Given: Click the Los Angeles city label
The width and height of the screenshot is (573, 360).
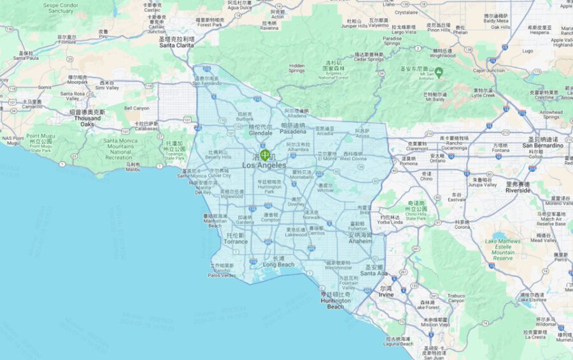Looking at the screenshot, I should (x=264, y=166).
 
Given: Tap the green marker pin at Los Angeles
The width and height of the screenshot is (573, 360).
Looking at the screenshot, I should (x=265, y=155).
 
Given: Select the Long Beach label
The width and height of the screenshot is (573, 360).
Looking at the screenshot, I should (x=278, y=264).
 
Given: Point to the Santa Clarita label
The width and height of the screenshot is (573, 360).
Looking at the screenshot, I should (x=176, y=45).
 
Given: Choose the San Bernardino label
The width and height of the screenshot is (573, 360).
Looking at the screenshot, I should (x=542, y=145).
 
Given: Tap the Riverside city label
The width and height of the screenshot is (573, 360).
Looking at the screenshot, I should (x=518, y=190).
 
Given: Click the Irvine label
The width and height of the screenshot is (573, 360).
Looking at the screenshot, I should (x=386, y=295).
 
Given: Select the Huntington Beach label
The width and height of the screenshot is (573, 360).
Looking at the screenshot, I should (x=336, y=303).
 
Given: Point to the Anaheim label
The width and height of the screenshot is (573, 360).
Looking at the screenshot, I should (x=360, y=241).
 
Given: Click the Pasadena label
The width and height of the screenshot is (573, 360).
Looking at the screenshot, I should (x=293, y=132).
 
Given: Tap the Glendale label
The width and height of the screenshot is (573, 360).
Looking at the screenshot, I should (x=260, y=133).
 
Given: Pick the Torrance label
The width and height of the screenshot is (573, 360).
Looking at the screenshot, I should (x=236, y=241).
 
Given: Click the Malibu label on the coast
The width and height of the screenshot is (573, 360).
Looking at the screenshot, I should (x=132, y=169).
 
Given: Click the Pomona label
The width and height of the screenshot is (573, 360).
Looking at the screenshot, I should (x=408, y=164).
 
